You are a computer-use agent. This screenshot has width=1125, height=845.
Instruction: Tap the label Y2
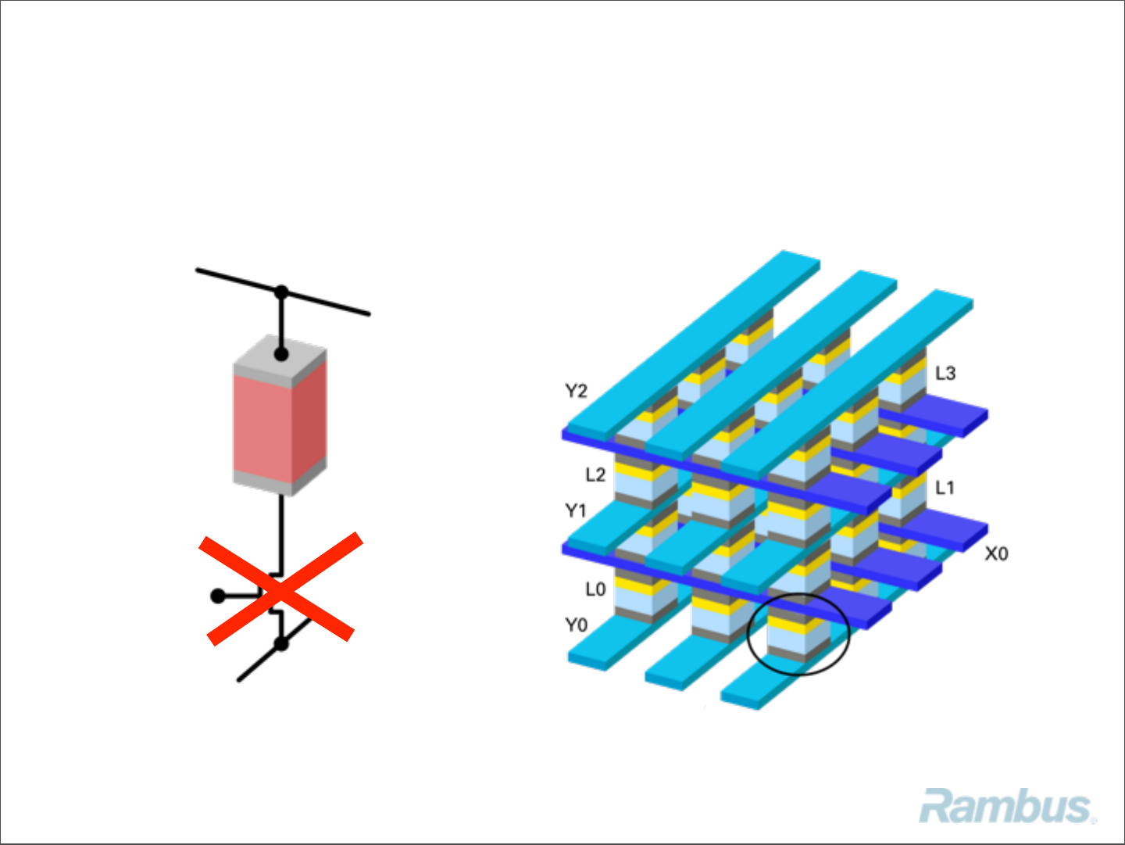577,391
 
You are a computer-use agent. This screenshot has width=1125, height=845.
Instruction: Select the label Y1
576,510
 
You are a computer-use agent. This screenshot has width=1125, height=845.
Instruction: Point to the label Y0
576,625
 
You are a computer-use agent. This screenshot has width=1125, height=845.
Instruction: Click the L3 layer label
945,373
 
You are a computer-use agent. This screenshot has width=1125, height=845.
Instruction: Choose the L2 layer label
595,474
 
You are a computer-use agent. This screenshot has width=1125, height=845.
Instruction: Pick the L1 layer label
945,488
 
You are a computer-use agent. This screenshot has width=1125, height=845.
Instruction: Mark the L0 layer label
595,589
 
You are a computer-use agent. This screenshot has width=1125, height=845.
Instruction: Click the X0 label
996,553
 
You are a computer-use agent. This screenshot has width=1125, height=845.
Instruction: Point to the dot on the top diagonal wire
281,292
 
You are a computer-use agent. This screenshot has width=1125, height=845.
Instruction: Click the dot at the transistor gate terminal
218,596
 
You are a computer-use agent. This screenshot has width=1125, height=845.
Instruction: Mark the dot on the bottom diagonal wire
281,644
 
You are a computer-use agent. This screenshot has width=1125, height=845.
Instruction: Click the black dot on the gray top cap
281,354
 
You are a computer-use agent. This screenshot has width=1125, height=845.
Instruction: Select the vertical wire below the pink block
281,532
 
